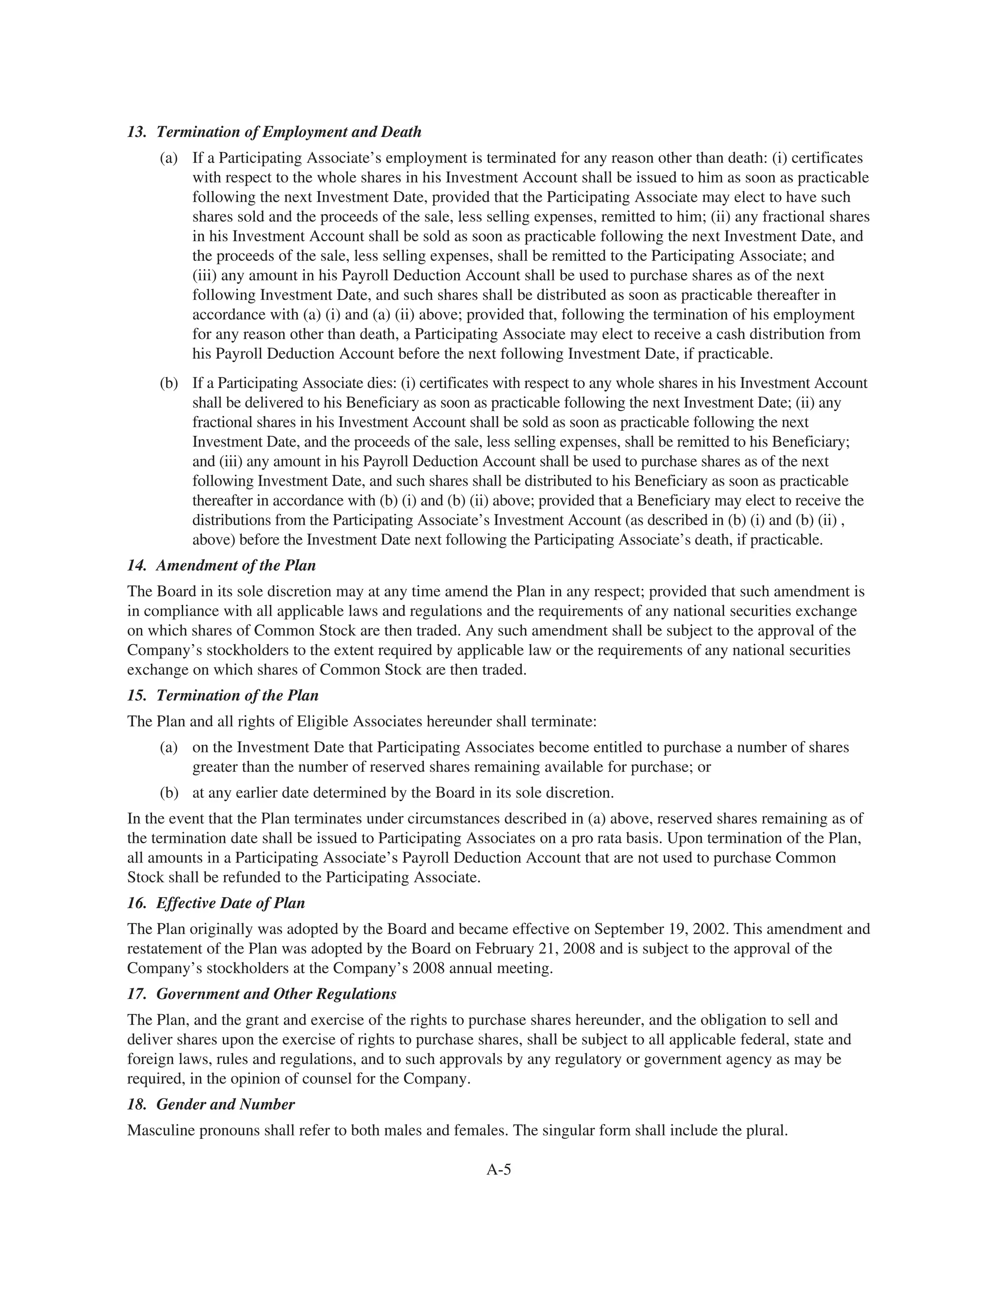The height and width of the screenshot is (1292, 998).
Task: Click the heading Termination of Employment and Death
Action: point(288,132)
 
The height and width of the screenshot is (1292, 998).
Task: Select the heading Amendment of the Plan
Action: point(235,566)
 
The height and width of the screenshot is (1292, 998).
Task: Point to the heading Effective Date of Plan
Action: point(230,903)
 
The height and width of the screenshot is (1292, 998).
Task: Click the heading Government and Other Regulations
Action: point(276,994)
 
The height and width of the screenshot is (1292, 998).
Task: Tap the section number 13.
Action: point(136,132)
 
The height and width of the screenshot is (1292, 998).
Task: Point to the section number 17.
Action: point(136,994)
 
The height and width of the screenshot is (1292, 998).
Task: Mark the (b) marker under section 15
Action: point(169,793)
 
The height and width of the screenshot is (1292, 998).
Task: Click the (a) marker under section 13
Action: point(169,158)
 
